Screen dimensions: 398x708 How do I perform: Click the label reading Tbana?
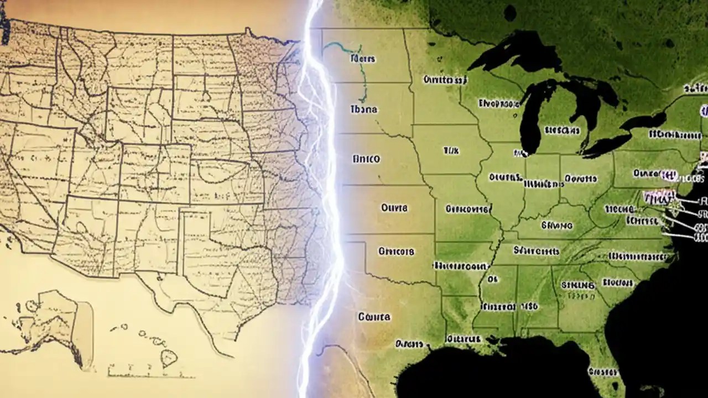pyautogui.click(x=364, y=109)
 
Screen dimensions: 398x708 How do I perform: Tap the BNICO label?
pyautogui.click(x=366, y=159)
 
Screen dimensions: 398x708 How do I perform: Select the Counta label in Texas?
pyautogui.click(x=374, y=317)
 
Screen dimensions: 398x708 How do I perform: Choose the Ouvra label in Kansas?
pyautogui.click(x=394, y=208)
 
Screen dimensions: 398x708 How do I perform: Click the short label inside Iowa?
pyautogui.click(x=451, y=150)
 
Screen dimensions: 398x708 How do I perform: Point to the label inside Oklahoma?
pyautogui.click(x=396, y=252)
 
